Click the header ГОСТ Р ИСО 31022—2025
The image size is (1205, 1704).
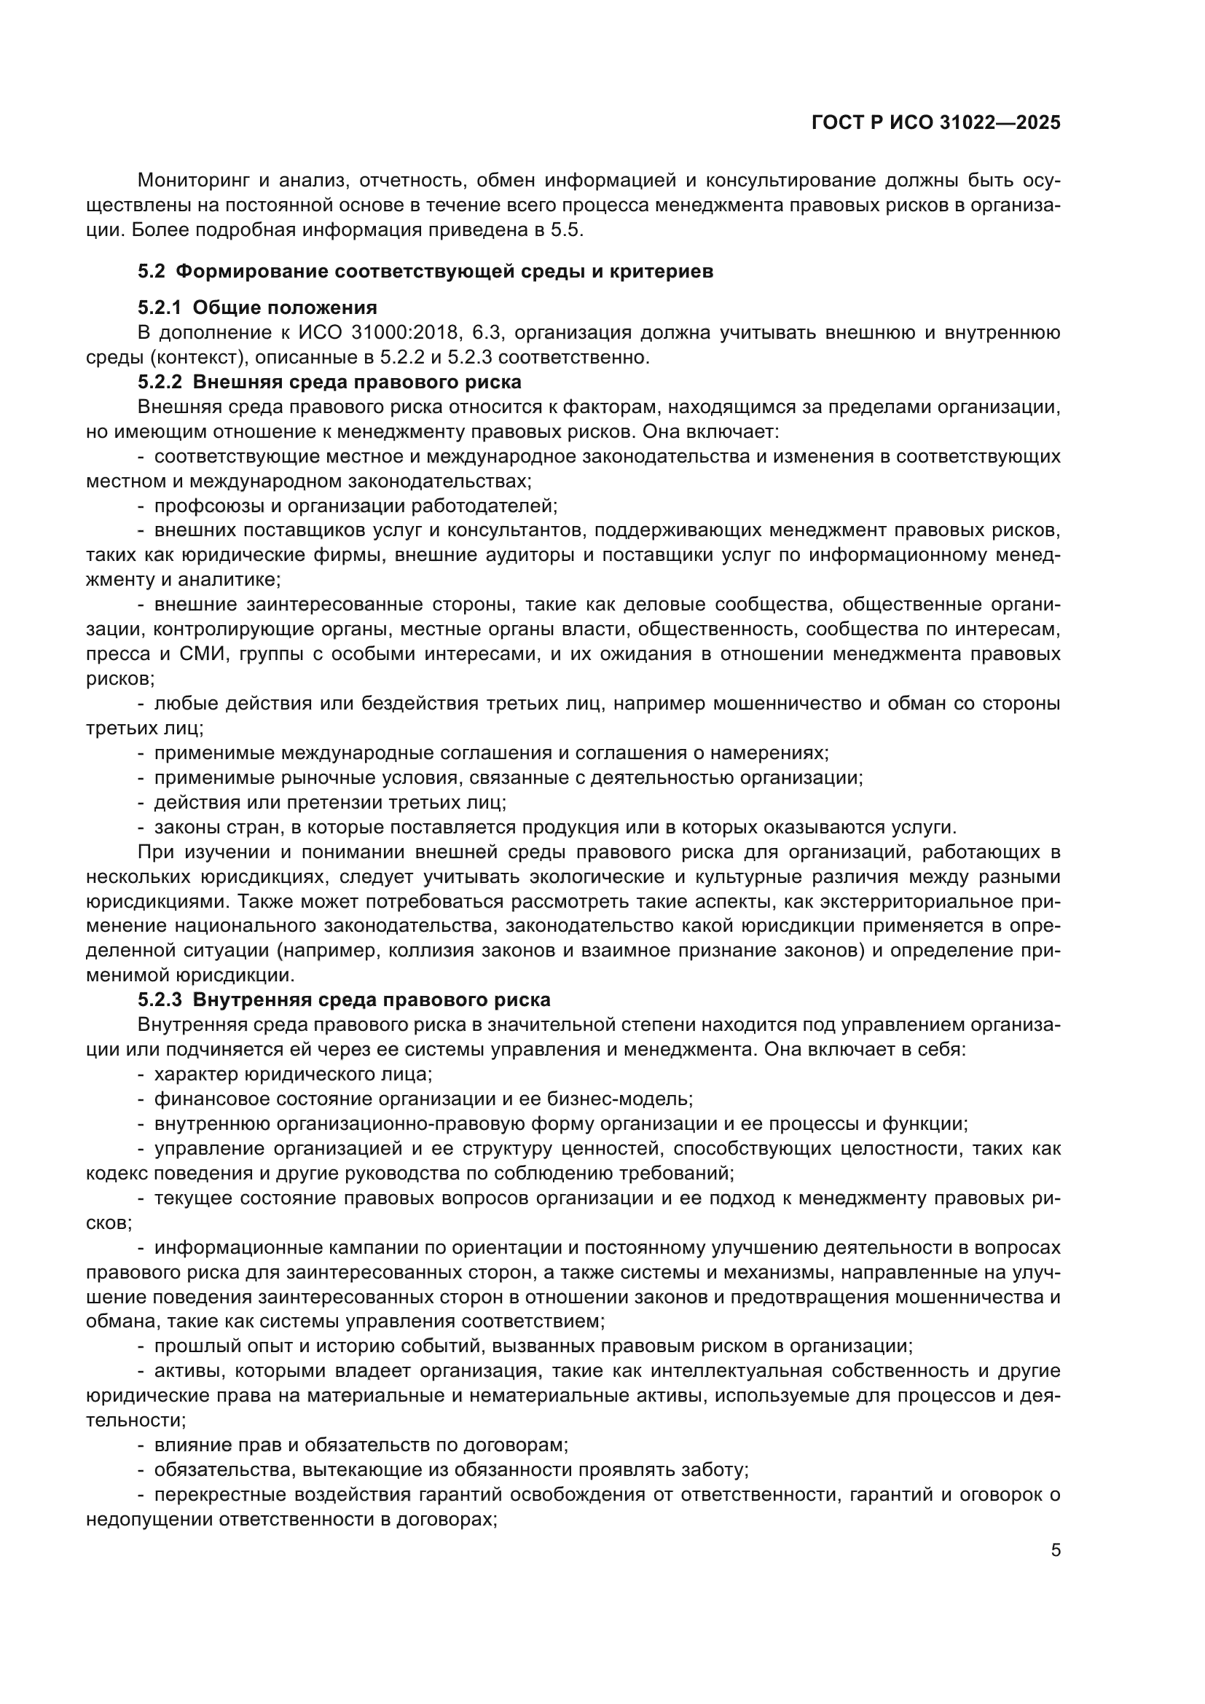click(x=935, y=123)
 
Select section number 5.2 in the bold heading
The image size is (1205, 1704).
click(x=152, y=272)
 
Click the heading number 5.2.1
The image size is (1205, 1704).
click(x=160, y=308)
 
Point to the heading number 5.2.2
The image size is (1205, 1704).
click(x=160, y=382)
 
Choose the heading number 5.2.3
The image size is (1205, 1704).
click(x=160, y=1000)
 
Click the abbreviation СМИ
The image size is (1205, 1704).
click(x=198, y=653)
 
